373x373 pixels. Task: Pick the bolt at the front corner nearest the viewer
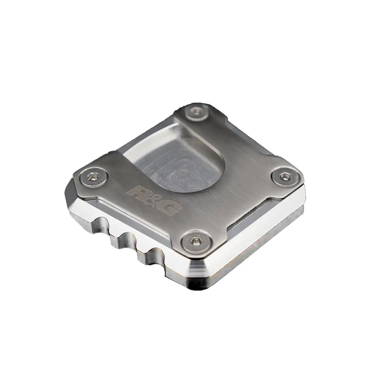[x=196, y=241]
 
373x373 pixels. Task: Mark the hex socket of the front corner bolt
[x=196, y=241]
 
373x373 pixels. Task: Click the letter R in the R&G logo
[x=137, y=192]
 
